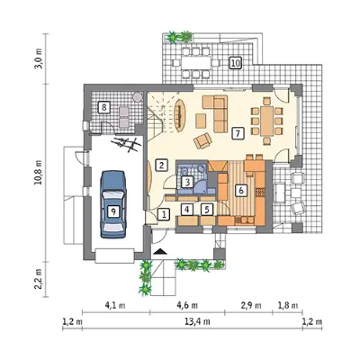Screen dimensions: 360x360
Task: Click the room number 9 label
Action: coord(113,211)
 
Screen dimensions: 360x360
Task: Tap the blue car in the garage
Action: coord(113,204)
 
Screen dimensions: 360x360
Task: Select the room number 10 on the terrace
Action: coord(236,63)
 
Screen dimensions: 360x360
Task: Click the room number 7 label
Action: coord(238,133)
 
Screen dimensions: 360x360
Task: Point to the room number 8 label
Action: coord(104,107)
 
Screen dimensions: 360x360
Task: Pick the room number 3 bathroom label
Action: coord(187,182)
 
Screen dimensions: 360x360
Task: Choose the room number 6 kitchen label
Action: coord(242,190)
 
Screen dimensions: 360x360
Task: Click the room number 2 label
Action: coord(161,165)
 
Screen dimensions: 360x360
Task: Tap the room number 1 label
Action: coord(164,215)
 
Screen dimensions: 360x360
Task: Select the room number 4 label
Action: coord(187,209)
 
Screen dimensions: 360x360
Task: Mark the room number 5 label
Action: coord(207,209)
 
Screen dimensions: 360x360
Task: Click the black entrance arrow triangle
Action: coord(159,251)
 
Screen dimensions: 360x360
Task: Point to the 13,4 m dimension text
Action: coord(197,321)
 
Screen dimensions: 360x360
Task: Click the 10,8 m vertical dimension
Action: coord(39,173)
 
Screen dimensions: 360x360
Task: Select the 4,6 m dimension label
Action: coord(187,305)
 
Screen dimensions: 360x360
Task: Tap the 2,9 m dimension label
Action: coord(250,305)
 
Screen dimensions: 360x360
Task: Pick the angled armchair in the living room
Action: coord(202,140)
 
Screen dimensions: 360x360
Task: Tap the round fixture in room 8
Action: coord(138,97)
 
